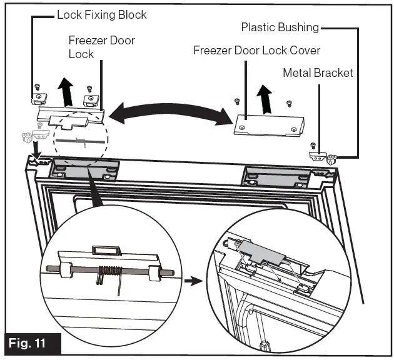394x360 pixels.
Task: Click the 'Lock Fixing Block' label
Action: click(x=101, y=13)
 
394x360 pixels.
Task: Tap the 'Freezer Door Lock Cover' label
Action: click(x=256, y=50)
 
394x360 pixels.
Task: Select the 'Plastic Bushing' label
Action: click(x=280, y=27)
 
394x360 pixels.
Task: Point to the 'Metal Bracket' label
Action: click(x=318, y=73)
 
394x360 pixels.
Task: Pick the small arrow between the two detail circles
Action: click(x=195, y=281)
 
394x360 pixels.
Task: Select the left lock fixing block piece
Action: click(x=40, y=98)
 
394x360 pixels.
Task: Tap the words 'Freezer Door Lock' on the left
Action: click(x=101, y=47)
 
